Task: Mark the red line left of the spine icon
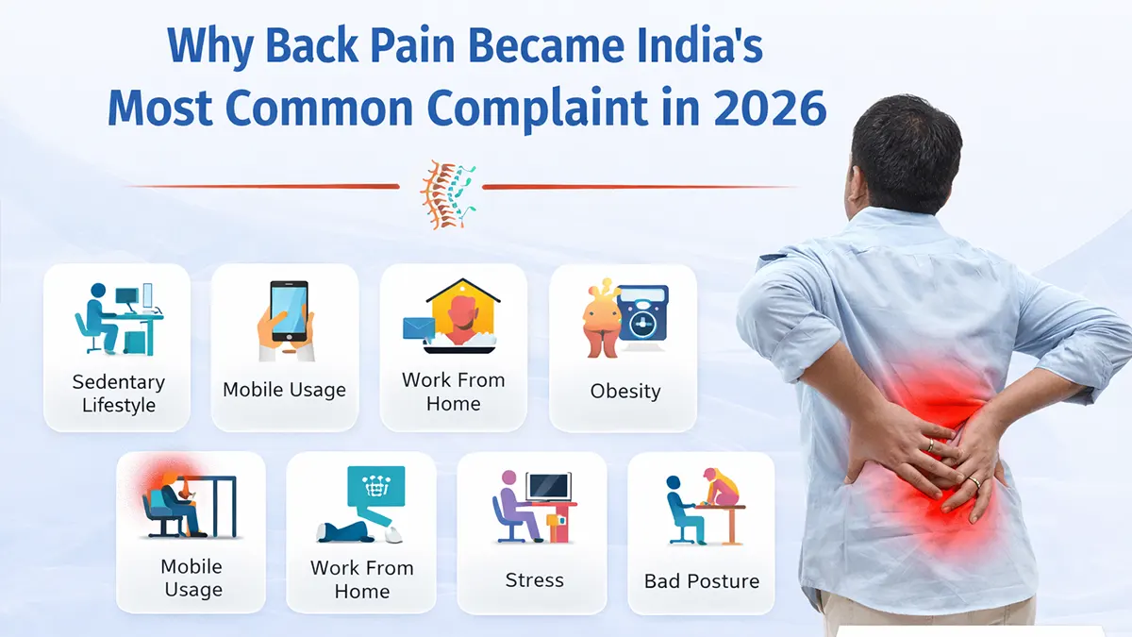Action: pyautogui.click(x=264, y=186)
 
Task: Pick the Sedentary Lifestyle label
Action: pyautogui.click(x=118, y=394)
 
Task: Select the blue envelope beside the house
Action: pyautogui.click(x=418, y=328)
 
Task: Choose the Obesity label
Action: pyautogui.click(x=624, y=391)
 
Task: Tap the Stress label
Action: pyautogui.click(x=534, y=579)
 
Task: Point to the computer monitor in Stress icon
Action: pyautogui.click(x=549, y=486)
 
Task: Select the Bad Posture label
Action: pyautogui.click(x=701, y=581)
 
